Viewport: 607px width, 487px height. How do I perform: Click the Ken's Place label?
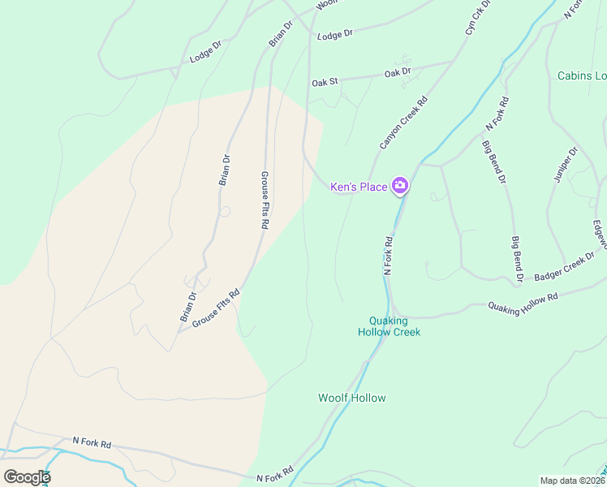(x=358, y=187)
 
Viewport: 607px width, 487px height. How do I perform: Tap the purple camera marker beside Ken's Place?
(x=399, y=187)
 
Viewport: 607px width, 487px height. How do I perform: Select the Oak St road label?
(x=325, y=83)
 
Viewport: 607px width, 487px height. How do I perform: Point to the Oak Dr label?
(x=398, y=72)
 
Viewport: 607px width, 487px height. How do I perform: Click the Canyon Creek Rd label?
(x=403, y=123)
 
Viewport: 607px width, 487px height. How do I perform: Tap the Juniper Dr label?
(x=564, y=164)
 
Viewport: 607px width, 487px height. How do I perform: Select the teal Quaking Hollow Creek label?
(x=390, y=325)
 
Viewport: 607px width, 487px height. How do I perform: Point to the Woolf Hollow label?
(x=351, y=398)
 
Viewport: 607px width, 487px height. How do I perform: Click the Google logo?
(x=27, y=476)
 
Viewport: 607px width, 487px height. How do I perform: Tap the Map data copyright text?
(x=573, y=480)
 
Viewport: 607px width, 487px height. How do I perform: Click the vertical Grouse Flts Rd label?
(x=265, y=200)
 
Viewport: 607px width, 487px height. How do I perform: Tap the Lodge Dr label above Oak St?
(x=335, y=36)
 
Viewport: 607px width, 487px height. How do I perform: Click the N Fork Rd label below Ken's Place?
(x=388, y=255)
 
